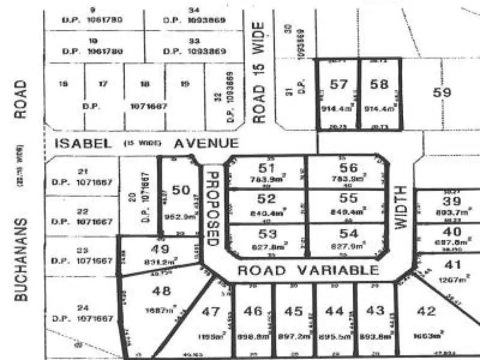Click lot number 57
[339, 85]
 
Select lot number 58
[379, 85]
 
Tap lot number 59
[442, 92]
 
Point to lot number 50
[181, 190]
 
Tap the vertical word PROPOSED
[211, 208]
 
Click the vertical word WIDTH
[401, 208]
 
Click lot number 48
[162, 292]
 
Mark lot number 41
[454, 264]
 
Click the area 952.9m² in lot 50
[181, 216]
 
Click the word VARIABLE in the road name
[338, 271]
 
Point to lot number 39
[452, 201]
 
